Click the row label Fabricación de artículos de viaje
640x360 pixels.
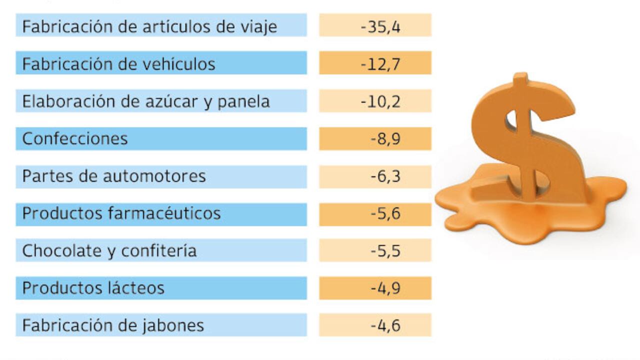pyautogui.click(x=149, y=26)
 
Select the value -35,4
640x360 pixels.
pyautogui.click(x=380, y=26)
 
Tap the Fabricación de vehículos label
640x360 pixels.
pyautogui.click(x=119, y=64)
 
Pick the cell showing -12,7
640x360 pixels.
pyautogui.click(x=380, y=64)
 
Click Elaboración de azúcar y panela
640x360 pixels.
pyautogui.click(x=146, y=101)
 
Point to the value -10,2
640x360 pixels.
pyautogui.click(x=380, y=101)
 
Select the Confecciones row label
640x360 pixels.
pyautogui.click(x=75, y=138)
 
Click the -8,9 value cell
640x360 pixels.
pyautogui.click(x=385, y=138)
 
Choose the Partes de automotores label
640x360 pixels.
pyautogui.click(x=114, y=176)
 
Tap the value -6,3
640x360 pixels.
pyautogui.click(x=385, y=176)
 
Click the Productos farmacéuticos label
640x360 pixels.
pyautogui.click(x=121, y=213)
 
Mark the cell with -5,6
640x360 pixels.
pyautogui.click(x=385, y=213)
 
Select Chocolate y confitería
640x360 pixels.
pyautogui.click(x=109, y=250)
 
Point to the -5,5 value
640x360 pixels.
pyautogui.click(x=385, y=250)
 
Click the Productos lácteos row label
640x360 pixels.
pyautogui.click(x=93, y=288)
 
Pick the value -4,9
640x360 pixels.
pyautogui.click(x=385, y=288)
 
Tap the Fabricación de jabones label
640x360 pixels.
pyautogui.click(x=113, y=325)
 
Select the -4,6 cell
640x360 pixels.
pyautogui.click(x=385, y=325)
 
